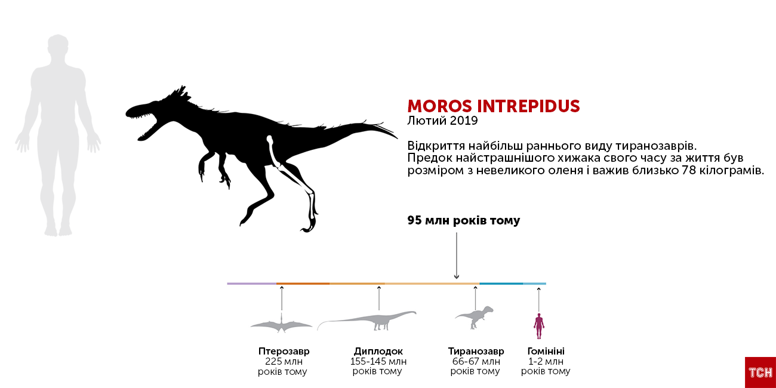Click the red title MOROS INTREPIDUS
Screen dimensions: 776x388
[493, 106]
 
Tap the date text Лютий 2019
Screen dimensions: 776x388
[442, 121]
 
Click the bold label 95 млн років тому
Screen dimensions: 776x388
[464, 220]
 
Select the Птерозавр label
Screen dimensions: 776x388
[284, 351]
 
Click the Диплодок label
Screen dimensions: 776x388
[378, 351]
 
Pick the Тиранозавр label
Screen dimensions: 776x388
[476, 351]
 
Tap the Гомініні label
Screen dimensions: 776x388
[546, 351]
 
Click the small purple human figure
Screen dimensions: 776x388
[538, 326]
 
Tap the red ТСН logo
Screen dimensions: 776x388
[760, 372]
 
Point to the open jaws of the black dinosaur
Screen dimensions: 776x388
[146, 122]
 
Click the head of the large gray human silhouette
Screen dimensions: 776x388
[58, 46]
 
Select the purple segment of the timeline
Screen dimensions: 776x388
[252, 284]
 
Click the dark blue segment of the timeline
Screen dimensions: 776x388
[501, 284]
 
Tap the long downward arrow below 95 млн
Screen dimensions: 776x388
[457, 255]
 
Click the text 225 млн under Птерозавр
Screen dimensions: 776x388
[284, 361]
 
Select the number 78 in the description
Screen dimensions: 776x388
[688, 171]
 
